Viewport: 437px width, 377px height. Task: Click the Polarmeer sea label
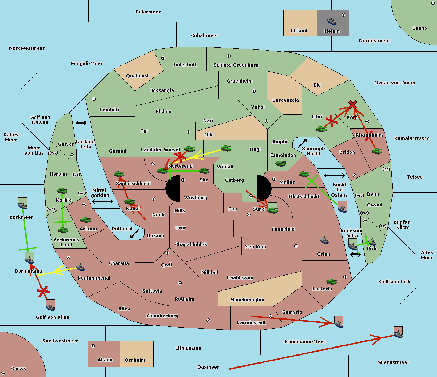coord(148,12)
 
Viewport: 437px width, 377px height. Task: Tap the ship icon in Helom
coord(332,21)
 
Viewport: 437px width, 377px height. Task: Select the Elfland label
coord(299,31)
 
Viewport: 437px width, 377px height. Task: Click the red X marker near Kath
coord(352,104)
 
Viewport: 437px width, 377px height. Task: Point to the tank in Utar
coord(321,129)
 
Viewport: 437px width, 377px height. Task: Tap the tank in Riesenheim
coord(377,151)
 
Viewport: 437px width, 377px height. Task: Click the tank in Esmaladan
coord(280,164)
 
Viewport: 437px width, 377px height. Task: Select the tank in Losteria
coord(331,281)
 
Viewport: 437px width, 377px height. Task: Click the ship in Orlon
coord(324,240)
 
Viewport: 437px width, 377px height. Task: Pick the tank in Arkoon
coord(86,220)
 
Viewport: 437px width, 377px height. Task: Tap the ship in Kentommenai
coord(80,268)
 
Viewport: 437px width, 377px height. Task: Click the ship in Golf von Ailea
coord(51,307)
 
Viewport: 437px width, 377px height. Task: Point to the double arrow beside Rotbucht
coord(135,233)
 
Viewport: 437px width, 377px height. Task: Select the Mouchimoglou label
coord(247,300)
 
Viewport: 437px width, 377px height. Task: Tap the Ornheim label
coord(135,360)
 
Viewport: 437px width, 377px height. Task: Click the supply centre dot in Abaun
coord(93,346)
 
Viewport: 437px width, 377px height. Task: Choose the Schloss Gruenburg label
coord(236,65)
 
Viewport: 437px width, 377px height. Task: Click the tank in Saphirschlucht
coord(119,175)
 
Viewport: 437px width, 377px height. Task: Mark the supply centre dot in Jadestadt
coord(163,57)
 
